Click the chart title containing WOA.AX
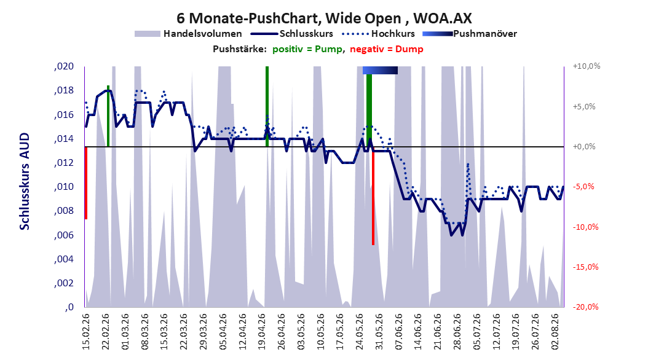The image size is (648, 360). (x=324, y=18)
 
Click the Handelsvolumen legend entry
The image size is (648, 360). (x=188, y=34)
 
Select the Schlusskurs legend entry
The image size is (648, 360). (x=292, y=34)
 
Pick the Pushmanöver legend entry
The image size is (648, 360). (x=470, y=34)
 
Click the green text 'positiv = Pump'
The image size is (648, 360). (x=307, y=49)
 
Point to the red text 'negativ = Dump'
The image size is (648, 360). (x=387, y=49)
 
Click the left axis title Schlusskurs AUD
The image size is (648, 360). (x=25, y=181)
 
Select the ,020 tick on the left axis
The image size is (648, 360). (x=64, y=66)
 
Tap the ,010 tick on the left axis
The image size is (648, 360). (x=64, y=187)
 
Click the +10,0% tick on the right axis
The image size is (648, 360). (x=587, y=66)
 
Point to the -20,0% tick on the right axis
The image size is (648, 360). (x=585, y=307)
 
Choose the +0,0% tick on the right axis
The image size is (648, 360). (x=584, y=147)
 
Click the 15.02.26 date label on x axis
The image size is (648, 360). (x=86, y=332)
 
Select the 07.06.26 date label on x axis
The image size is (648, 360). (x=398, y=332)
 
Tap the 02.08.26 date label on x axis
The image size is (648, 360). (x=555, y=332)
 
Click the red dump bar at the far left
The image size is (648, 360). (x=85, y=183)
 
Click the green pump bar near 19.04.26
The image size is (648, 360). (x=267, y=106)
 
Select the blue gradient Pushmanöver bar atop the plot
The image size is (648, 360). (x=380, y=70)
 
